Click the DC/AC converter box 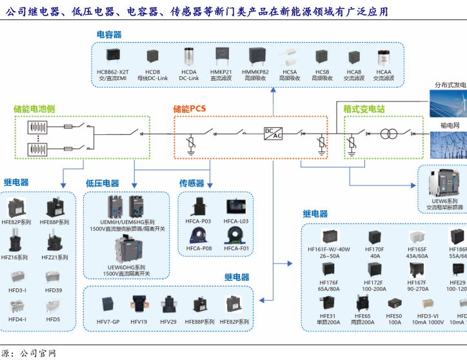coord(273,133)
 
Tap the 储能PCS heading coord(190,108)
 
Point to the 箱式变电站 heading coord(364,109)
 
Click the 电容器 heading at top coord(109,34)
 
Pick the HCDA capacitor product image coord(189,56)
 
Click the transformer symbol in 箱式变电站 coord(388,134)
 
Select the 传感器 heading coord(192,183)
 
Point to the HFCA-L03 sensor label coord(235,221)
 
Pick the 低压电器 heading coord(103,183)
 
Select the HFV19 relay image coord(139,303)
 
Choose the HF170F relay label coord(374,249)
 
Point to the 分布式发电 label coord(450,85)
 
